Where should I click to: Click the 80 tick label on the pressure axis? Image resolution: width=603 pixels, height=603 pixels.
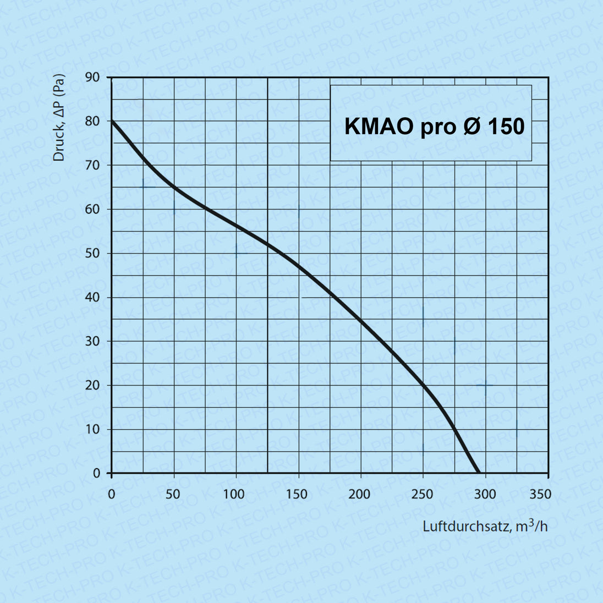coord(92,121)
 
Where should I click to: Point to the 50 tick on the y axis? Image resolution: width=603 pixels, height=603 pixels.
coord(92,253)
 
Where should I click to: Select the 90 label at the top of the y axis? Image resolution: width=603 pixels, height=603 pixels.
coord(92,78)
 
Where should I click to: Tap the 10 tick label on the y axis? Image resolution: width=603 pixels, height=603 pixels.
coord(92,429)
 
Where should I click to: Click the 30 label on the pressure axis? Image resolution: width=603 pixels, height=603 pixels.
coord(92,341)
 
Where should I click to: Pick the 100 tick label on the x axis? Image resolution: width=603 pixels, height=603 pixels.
coord(234,494)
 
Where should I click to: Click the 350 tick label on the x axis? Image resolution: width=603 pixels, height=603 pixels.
coord(540,494)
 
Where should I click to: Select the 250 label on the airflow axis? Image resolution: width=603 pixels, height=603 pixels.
coord(422,494)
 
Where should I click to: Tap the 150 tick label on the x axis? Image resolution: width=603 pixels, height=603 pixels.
coord(297,494)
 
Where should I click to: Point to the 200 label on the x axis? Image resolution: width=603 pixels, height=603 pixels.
coord(360,494)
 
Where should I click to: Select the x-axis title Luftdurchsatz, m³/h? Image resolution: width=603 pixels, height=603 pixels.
coord(485,526)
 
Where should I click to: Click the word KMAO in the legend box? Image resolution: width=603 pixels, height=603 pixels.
coord(379,127)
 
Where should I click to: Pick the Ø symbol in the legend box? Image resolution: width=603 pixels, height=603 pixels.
coord(470,127)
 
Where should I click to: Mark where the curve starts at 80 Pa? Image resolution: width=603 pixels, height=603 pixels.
coord(112,121)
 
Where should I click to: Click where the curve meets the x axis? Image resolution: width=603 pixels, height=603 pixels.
coord(478,473)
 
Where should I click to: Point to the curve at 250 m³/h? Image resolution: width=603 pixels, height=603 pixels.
coord(423,385)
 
